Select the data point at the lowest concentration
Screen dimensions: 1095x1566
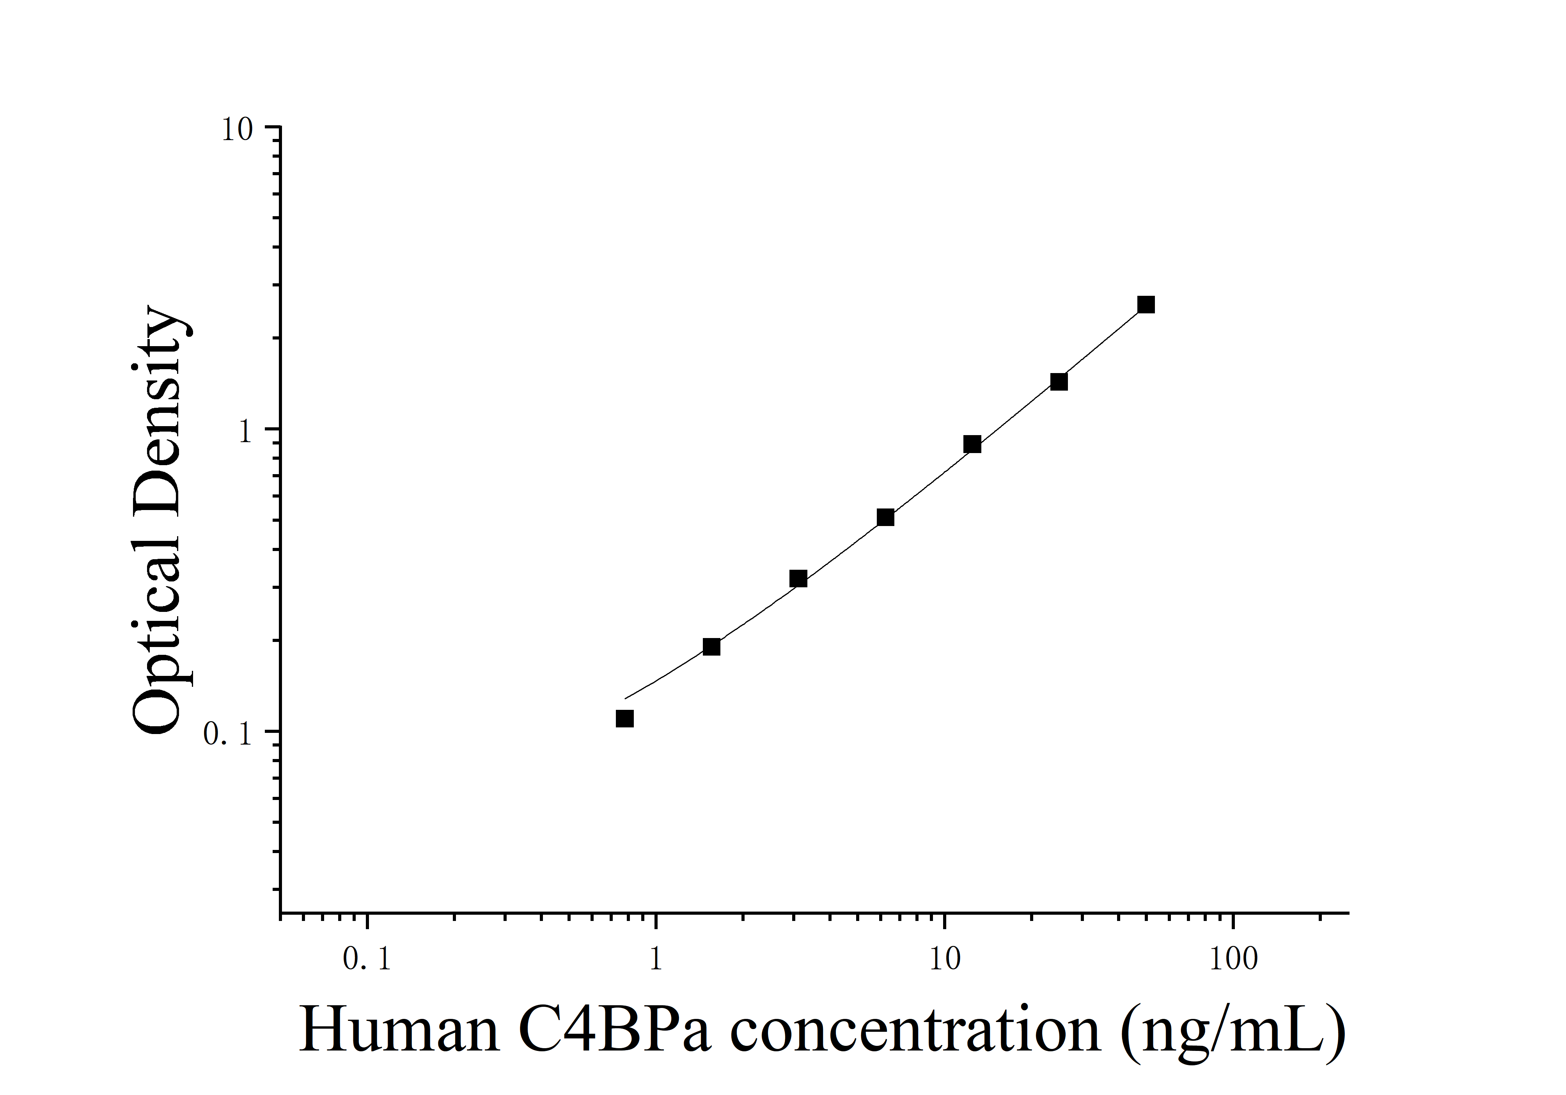(625, 718)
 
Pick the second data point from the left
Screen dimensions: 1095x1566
(711, 646)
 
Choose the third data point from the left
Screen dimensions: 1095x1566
(798, 579)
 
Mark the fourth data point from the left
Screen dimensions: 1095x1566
(885, 517)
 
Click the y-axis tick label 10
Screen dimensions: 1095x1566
(236, 130)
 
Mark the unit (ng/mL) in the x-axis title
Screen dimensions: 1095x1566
(1233, 1031)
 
